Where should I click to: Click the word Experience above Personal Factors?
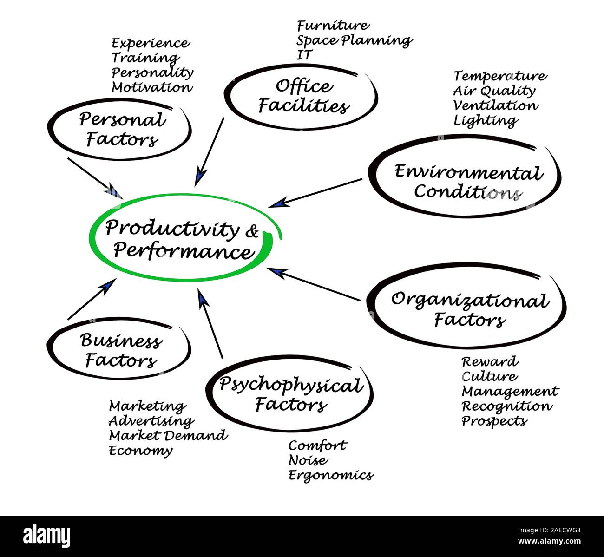pos(151,43)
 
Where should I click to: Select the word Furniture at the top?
pos(333,25)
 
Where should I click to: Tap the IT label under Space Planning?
pos(304,55)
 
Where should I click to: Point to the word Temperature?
pos(500,76)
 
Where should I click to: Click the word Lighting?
pos(485,120)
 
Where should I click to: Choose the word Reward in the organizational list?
pos(490,361)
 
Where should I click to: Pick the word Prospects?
pos(494,421)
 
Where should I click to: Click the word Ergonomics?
pos(331,475)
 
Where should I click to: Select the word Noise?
pos(308,460)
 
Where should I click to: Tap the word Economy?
pos(140,451)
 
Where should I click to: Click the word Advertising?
pos(151,421)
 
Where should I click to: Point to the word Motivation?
pos(151,87)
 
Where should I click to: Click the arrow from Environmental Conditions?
pos(316,192)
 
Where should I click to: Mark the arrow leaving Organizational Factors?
pos(314,284)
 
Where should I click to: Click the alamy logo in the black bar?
pos(47,536)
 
